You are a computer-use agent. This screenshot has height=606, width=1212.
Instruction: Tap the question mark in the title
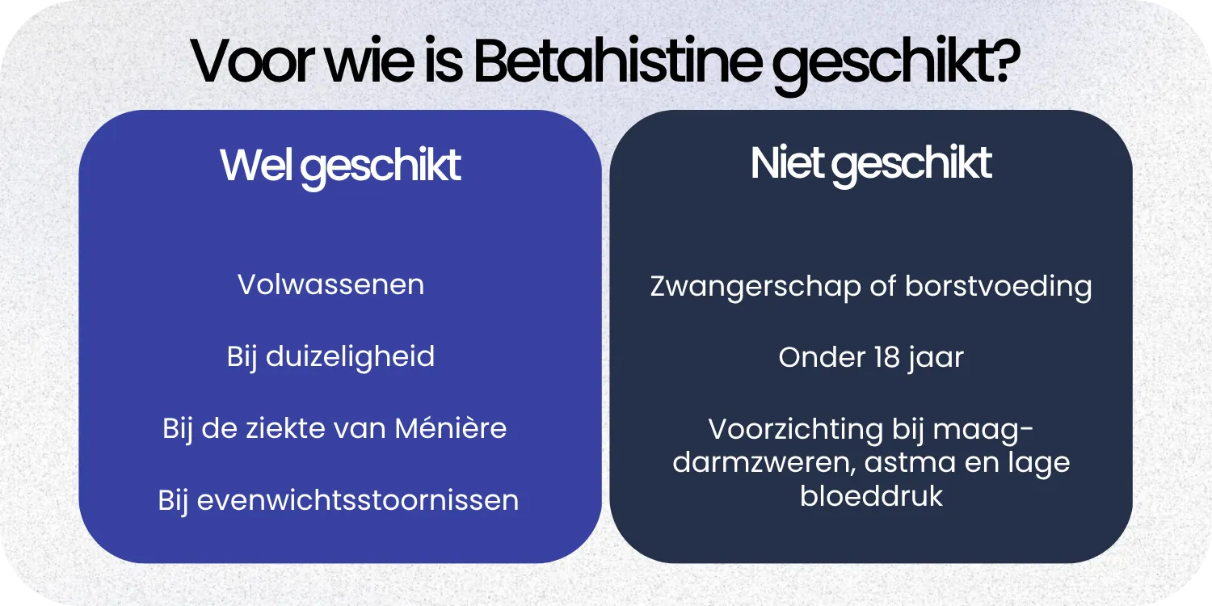(1007, 61)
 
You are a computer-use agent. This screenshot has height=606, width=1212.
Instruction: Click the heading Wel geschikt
(340, 166)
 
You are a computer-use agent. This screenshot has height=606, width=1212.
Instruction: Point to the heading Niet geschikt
(871, 164)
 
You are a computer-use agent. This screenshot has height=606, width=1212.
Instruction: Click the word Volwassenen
(330, 285)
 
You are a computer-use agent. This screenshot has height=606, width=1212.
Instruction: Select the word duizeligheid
(349, 357)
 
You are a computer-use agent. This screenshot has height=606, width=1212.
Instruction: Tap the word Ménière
(450, 428)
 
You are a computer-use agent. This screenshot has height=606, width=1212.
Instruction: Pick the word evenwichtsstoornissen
(358, 500)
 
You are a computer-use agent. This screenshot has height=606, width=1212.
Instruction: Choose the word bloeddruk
(871, 496)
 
